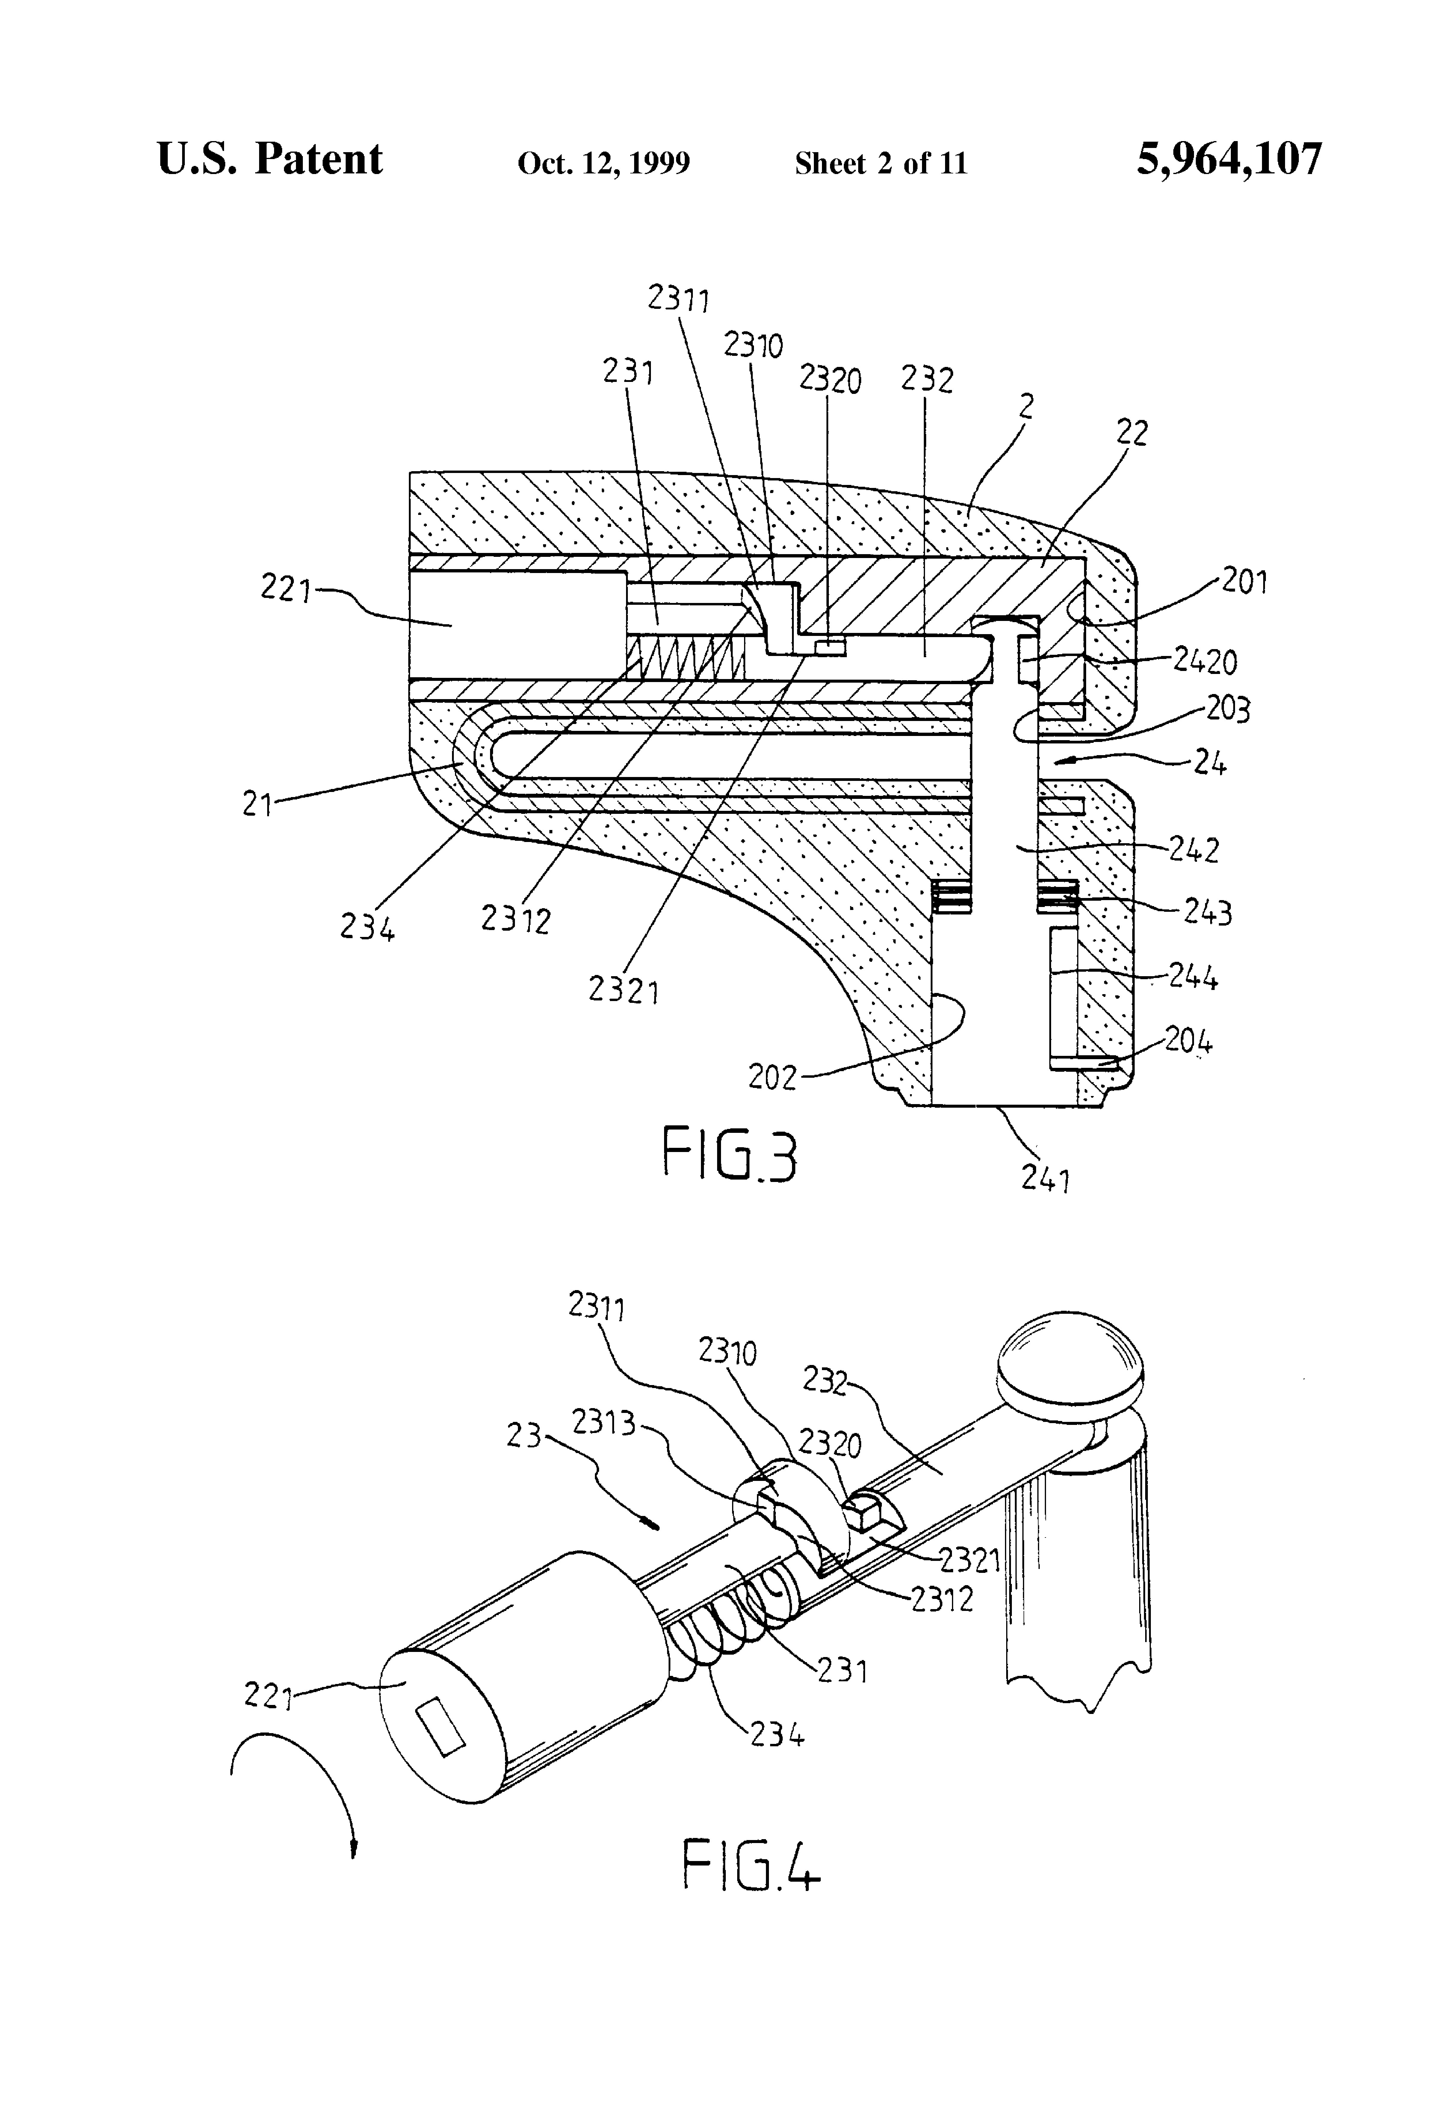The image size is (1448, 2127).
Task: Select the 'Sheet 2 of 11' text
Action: pyautogui.click(x=881, y=163)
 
